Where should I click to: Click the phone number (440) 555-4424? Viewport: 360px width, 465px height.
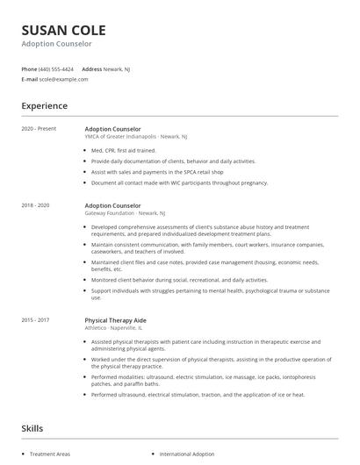click(57, 68)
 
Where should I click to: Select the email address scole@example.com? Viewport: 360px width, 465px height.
click(64, 79)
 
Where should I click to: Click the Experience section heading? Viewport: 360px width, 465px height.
click(44, 106)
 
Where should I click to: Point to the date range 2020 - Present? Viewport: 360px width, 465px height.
click(38, 129)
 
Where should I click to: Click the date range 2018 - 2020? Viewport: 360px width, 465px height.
click(35, 204)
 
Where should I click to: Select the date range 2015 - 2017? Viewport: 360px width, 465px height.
click(35, 321)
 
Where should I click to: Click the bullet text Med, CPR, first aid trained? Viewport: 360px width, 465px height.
click(136, 151)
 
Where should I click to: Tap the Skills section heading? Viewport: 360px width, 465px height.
click(33, 428)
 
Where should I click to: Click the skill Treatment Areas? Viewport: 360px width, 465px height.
click(51, 454)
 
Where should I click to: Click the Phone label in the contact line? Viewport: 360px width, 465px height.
click(29, 68)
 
